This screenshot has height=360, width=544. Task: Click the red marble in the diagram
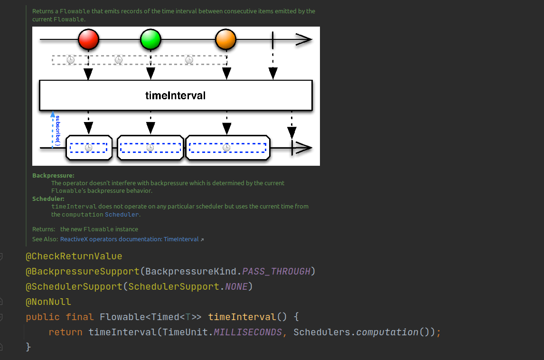(x=88, y=39)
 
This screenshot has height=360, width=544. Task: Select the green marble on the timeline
(x=150, y=39)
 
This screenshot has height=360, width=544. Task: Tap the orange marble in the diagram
(x=225, y=39)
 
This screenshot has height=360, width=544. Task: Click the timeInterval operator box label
(x=175, y=95)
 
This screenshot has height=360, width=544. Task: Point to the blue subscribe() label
(x=57, y=130)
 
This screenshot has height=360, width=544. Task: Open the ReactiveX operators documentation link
(x=129, y=239)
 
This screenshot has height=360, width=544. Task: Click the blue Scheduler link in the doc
(x=122, y=214)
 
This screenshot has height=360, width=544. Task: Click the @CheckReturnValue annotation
(x=74, y=256)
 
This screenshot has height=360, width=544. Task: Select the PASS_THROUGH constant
(x=276, y=272)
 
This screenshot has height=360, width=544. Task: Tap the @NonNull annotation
(x=48, y=302)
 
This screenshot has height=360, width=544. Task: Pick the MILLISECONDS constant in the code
(x=247, y=332)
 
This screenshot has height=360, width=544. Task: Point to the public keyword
(x=43, y=317)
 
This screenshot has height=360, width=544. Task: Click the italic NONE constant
(x=236, y=287)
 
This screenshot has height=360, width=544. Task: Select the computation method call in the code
(x=387, y=332)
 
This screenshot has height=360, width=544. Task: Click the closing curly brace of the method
(x=28, y=347)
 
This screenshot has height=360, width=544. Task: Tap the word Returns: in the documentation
(x=44, y=229)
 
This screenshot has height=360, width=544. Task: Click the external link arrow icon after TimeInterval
(x=202, y=240)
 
